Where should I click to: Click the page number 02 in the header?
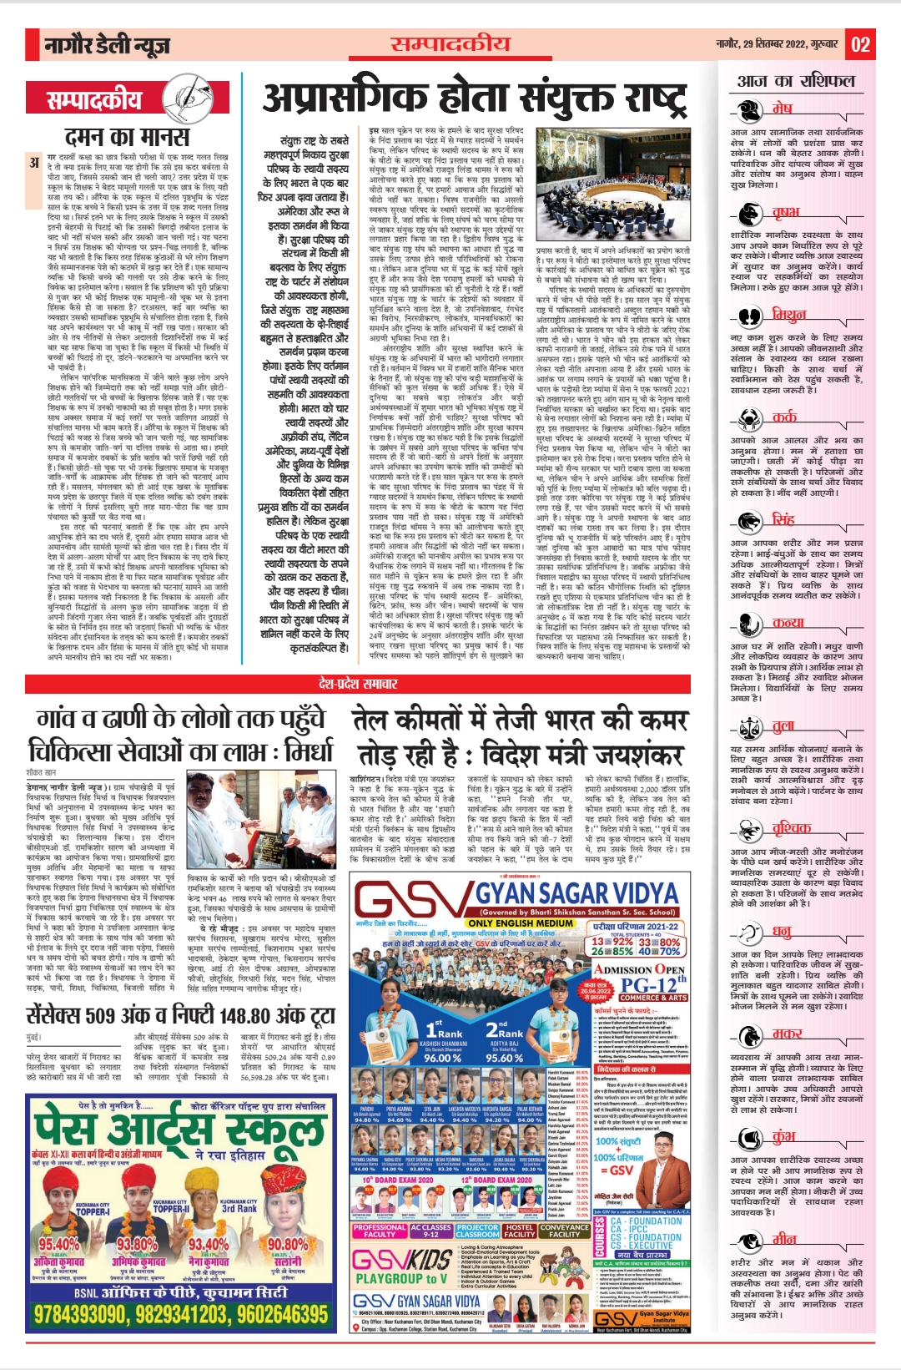860,44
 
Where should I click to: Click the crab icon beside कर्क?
750,418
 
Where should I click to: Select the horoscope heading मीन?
784,1239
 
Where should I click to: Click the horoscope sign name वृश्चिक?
791,827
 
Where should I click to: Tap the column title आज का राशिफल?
796,81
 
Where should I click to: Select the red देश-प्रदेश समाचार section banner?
357,684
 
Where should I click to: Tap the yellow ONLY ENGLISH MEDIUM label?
521,923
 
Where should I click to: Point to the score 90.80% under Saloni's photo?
287,1244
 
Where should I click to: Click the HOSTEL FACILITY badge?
520,1231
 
